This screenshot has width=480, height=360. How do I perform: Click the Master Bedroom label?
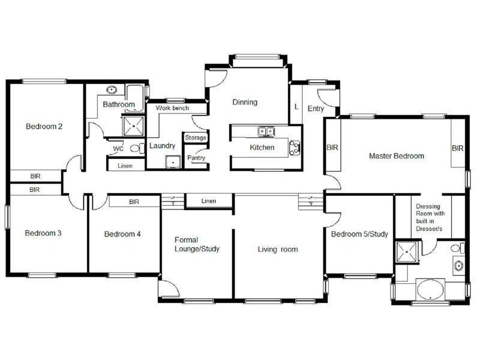[x=396, y=156]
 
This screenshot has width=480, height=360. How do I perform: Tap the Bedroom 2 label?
[x=44, y=127]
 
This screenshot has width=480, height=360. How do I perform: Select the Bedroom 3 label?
[x=43, y=233]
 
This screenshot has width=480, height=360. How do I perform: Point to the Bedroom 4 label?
[x=122, y=234]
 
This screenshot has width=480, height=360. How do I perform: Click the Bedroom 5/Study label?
[x=360, y=234]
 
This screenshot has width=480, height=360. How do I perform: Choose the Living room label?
[x=278, y=249]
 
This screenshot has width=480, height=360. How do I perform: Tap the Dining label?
[x=245, y=102]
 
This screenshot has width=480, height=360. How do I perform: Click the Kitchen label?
[x=262, y=147]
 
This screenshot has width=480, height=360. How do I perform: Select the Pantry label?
[x=196, y=158]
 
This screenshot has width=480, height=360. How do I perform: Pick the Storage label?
[x=196, y=138]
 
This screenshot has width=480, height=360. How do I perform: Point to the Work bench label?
[x=172, y=108]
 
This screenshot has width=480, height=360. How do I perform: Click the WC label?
[x=118, y=148]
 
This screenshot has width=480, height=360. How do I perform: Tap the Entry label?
[x=316, y=109]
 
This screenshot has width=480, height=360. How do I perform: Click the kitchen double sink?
[x=266, y=130]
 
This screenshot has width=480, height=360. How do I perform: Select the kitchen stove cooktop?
[x=295, y=148]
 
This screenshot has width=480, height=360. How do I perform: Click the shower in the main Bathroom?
[x=132, y=125]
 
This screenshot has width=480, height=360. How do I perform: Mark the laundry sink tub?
[x=173, y=161]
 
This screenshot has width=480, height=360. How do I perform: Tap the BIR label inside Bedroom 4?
[x=134, y=202]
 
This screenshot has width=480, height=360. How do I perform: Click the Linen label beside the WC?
[x=125, y=166]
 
